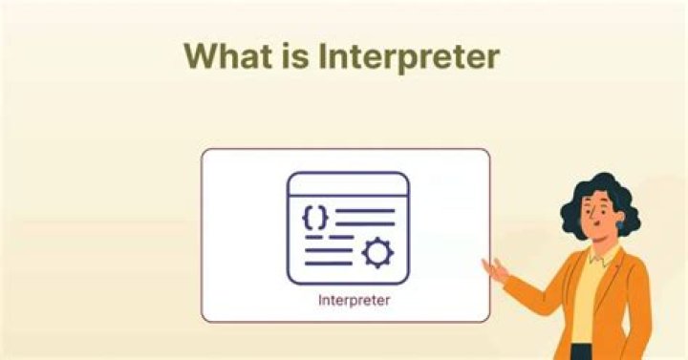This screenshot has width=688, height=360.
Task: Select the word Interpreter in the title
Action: click(x=408, y=57)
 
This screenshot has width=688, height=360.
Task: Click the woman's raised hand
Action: click(x=494, y=270)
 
